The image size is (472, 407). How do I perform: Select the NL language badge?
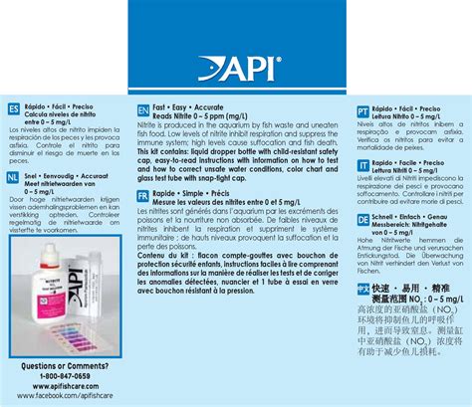[13, 176]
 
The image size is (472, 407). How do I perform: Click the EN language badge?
[142, 106]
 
